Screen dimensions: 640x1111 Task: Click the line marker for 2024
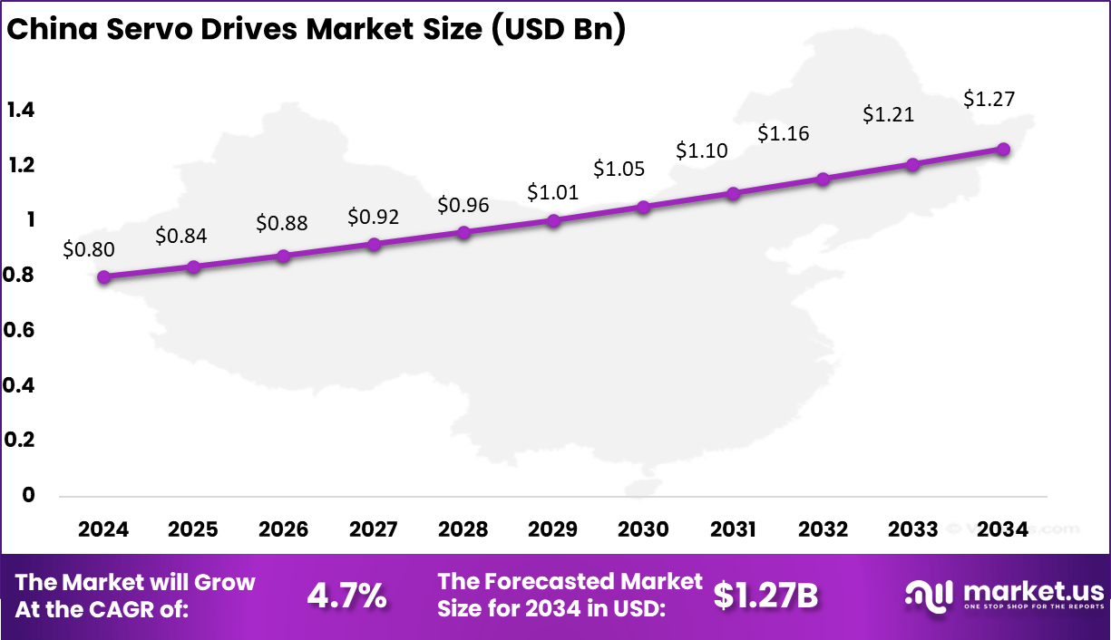click(x=104, y=277)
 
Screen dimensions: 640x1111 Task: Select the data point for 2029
click(x=554, y=220)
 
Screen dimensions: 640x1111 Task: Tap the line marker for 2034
click(x=1003, y=150)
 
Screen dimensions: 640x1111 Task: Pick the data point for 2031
click(x=734, y=193)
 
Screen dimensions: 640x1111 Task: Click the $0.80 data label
click(x=89, y=249)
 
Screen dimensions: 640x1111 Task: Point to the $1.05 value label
click(x=619, y=169)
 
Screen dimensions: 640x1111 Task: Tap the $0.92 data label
click(x=373, y=218)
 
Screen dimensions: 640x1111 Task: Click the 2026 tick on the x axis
click(x=283, y=529)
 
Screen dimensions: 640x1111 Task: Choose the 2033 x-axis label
click(x=913, y=529)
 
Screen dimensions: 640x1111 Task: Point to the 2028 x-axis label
click(x=463, y=529)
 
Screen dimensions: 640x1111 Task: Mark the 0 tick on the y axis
click(x=28, y=495)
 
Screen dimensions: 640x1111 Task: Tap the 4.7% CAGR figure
click(x=347, y=596)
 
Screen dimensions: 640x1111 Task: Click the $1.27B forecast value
click(x=765, y=596)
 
